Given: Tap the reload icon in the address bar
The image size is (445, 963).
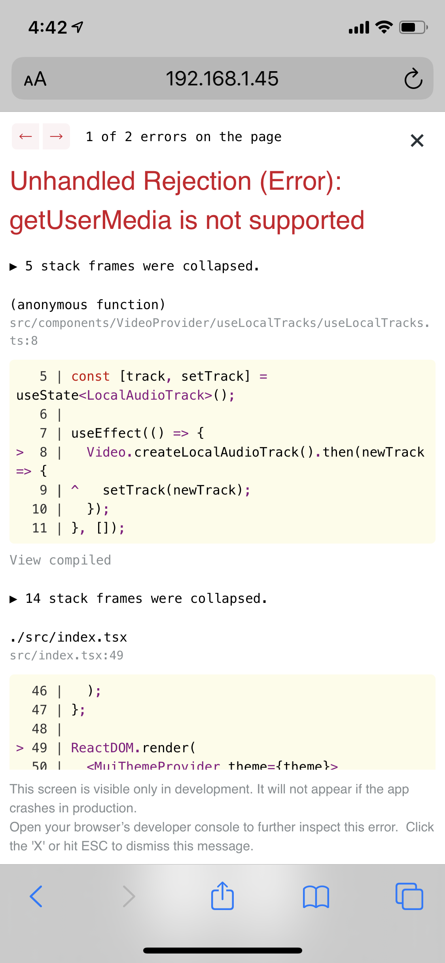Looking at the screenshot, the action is coord(413,78).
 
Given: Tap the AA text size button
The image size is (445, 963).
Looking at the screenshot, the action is coord(35,79).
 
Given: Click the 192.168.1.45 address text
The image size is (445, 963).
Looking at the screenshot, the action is coord(222,78).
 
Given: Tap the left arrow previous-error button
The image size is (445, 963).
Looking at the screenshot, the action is coord(26,136).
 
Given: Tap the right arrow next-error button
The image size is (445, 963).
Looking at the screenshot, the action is coord(56,136).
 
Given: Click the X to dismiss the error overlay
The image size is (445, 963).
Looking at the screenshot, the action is coord(417,140).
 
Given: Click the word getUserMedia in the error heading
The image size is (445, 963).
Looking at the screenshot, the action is coord(91,220).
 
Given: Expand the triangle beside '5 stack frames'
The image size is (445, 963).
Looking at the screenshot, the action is coord(13,267).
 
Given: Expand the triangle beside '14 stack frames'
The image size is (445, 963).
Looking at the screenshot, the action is coord(13,599).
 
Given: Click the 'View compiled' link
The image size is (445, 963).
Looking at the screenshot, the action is coord(60,560).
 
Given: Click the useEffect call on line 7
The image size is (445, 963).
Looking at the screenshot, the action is coord(106,433).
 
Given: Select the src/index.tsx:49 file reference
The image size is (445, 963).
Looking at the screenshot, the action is coord(66,655).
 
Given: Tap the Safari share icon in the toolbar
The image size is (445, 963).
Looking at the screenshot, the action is coord(222,896).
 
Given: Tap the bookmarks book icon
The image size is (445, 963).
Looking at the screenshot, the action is coord(316,897).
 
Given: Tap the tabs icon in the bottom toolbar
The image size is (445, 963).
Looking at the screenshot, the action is coord(409,896).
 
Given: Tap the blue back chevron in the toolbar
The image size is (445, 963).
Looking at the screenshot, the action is coord(36,896).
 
